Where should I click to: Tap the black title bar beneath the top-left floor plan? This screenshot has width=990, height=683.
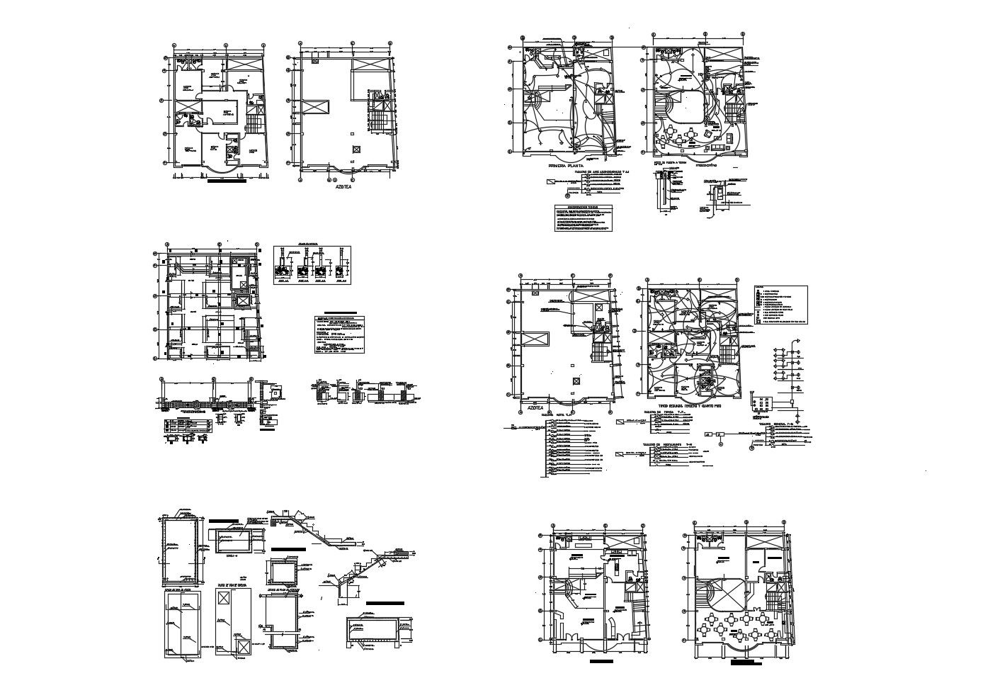click(227, 181)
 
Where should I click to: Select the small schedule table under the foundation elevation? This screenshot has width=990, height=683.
click(188, 424)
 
